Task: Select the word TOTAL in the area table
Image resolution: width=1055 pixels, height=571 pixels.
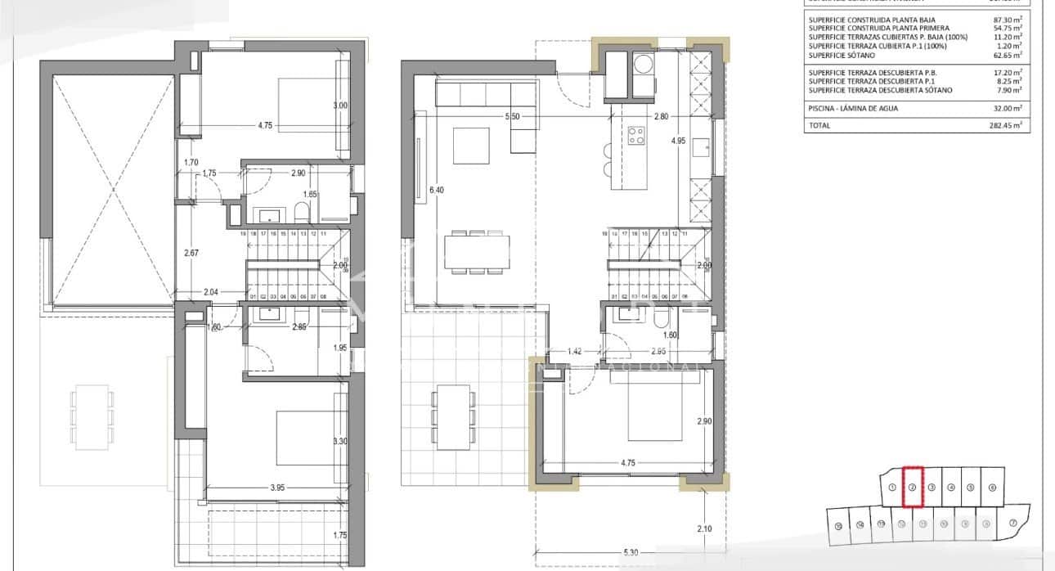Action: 819,126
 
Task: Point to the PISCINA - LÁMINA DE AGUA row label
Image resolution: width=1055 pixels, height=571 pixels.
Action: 855,108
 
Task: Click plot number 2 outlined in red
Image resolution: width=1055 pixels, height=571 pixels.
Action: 912,487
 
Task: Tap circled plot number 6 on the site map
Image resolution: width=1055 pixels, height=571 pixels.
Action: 992,487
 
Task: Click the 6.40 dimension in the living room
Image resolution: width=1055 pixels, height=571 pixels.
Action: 436,191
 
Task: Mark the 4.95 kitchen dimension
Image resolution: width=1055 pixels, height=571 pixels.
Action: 678,141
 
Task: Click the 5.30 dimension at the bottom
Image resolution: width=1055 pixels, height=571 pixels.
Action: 630,553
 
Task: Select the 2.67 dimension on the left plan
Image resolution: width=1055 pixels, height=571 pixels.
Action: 191,253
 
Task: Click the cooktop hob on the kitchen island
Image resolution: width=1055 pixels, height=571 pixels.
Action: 635,135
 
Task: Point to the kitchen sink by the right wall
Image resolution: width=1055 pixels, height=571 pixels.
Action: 702,147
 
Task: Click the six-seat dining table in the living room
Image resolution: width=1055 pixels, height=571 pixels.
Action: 478,251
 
